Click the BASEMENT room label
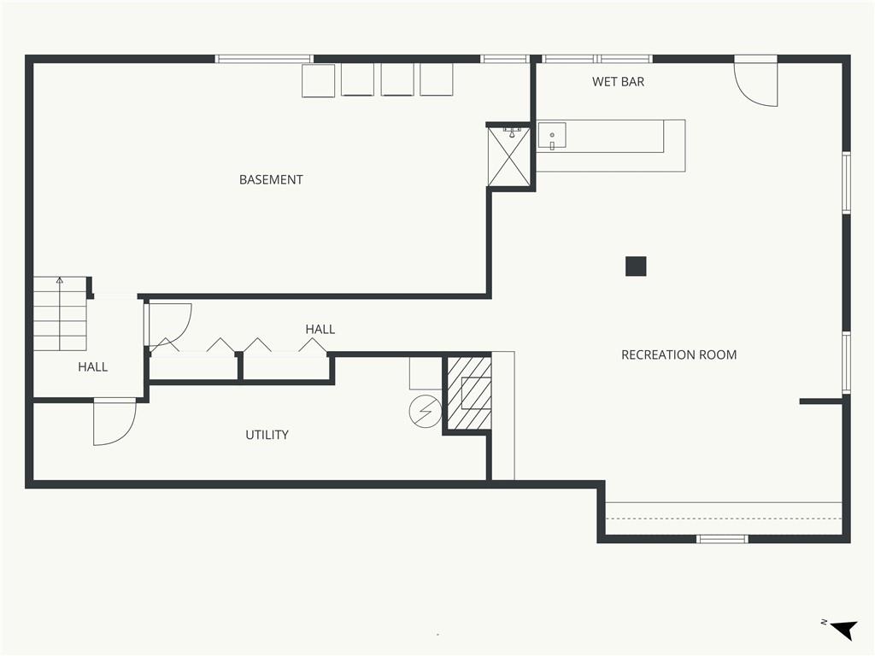[x=271, y=179]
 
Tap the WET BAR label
[x=618, y=82]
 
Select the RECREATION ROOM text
[x=678, y=354]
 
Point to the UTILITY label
[x=267, y=435]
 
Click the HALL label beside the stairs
[x=92, y=367]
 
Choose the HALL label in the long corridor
[x=320, y=329]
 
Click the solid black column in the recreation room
[x=636, y=266]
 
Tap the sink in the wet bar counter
[x=552, y=136]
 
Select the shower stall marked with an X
[x=508, y=157]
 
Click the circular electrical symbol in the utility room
[x=426, y=412]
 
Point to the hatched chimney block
[x=469, y=393]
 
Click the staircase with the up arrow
[x=61, y=313]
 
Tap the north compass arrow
[x=843, y=630]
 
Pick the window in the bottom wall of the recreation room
[x=722, y=539]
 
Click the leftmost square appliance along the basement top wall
[x=319, y=81]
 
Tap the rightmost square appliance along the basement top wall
[x=437, y=79]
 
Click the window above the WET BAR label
[x=597, y=59]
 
